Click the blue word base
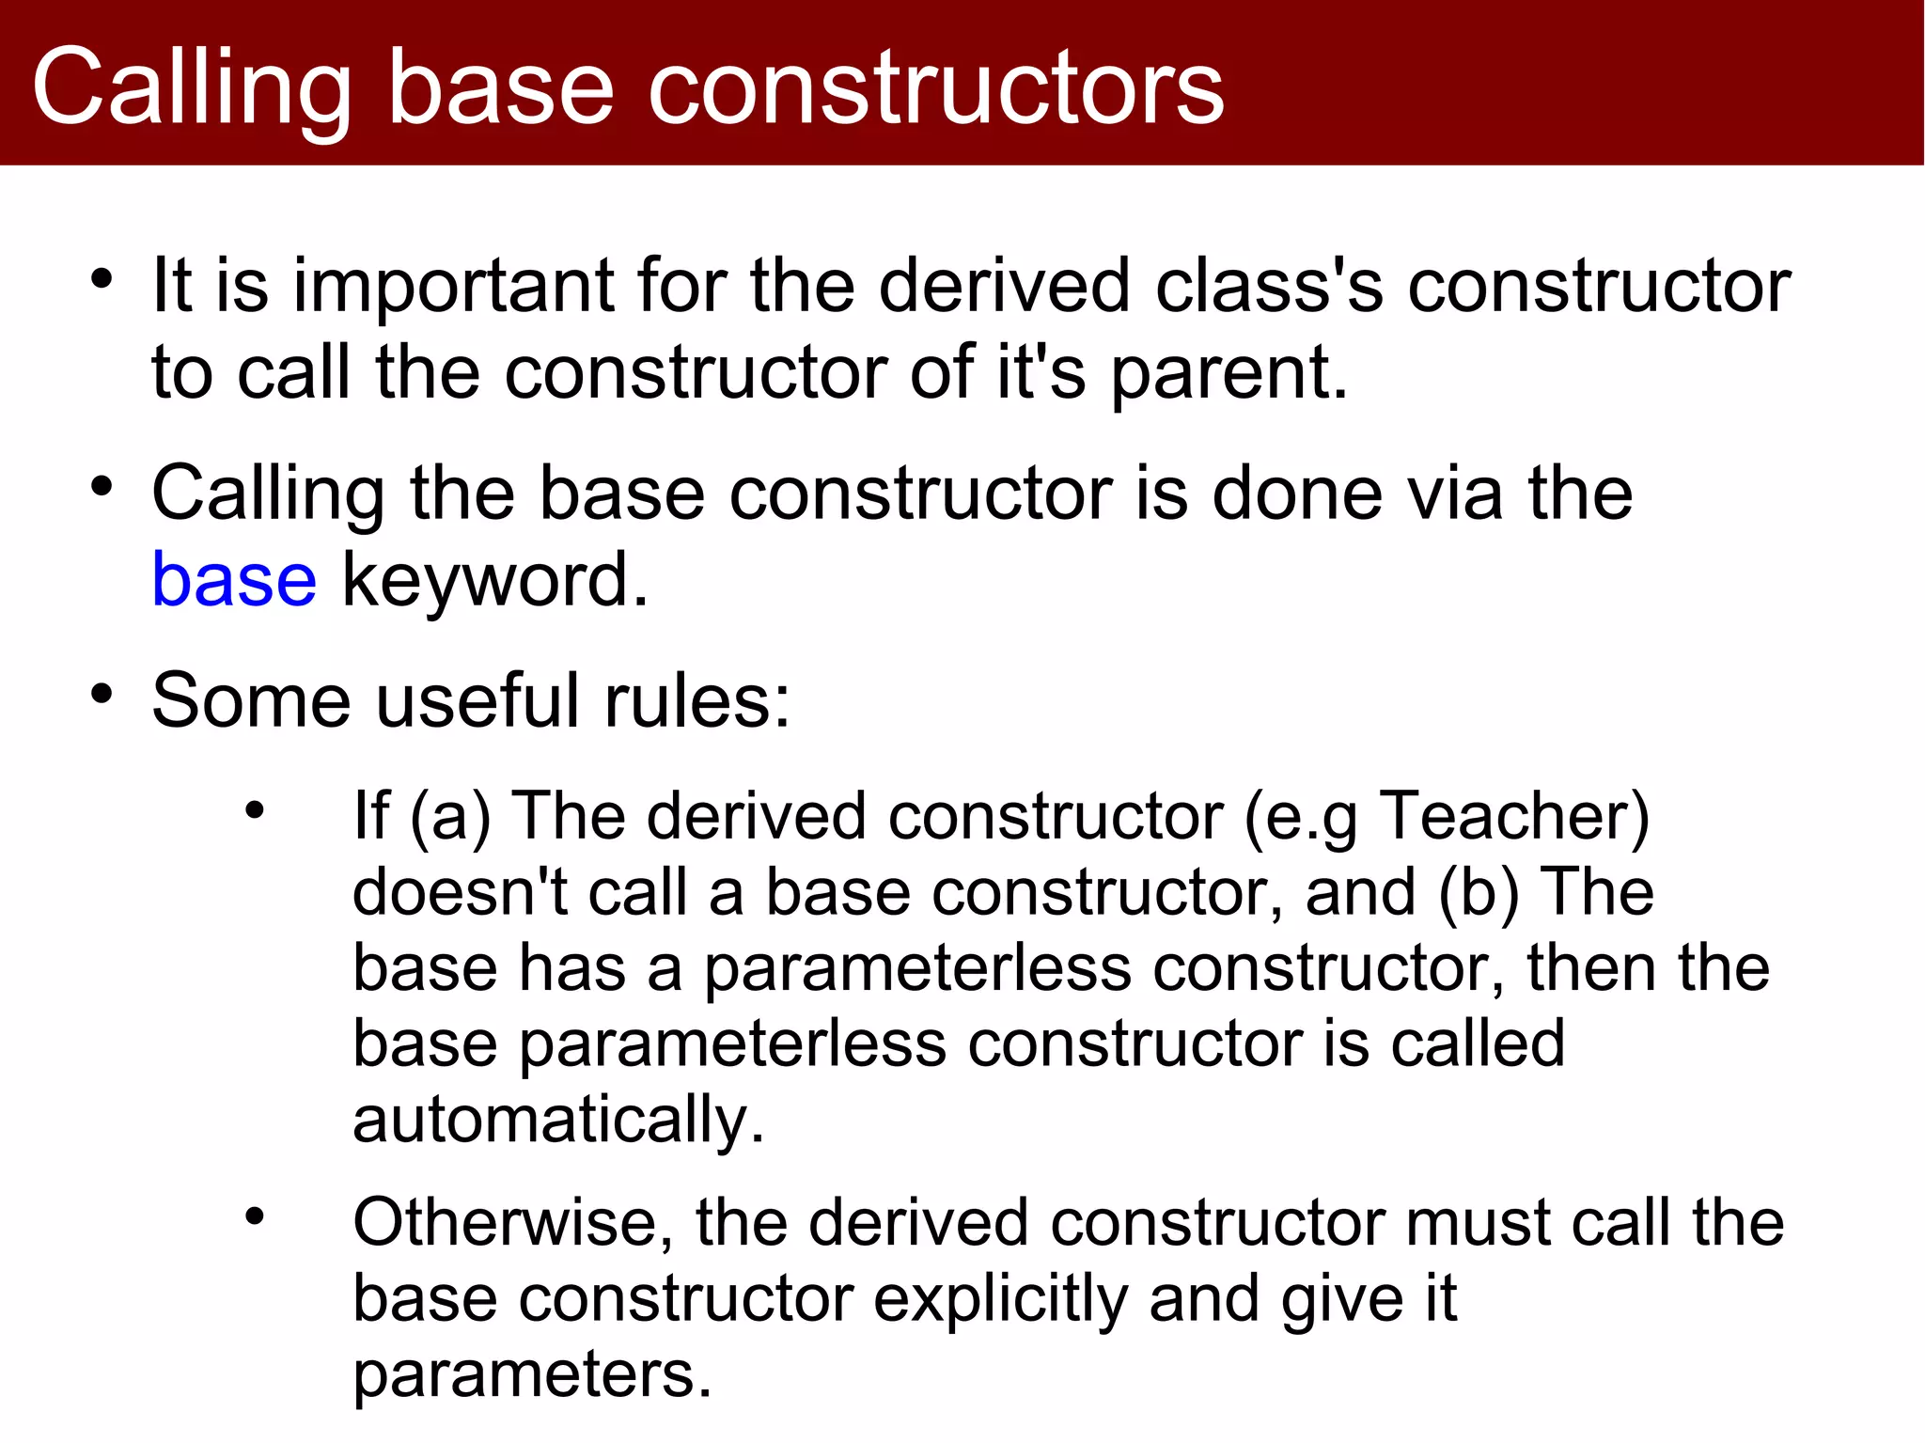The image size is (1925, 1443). [x=234, y=580]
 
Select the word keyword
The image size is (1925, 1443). [x=494, y=580]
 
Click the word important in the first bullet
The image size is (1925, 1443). [x=454, y=286]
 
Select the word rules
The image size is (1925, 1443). [x=696, y=701]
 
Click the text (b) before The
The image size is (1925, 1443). [x=1479, y=891]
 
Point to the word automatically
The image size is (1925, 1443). [x=558, y=1120]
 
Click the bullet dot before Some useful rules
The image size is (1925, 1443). [x=102, y=696]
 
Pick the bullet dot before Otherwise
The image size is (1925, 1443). [x=255, y=1217]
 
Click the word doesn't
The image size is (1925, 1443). [x=460, y=891]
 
